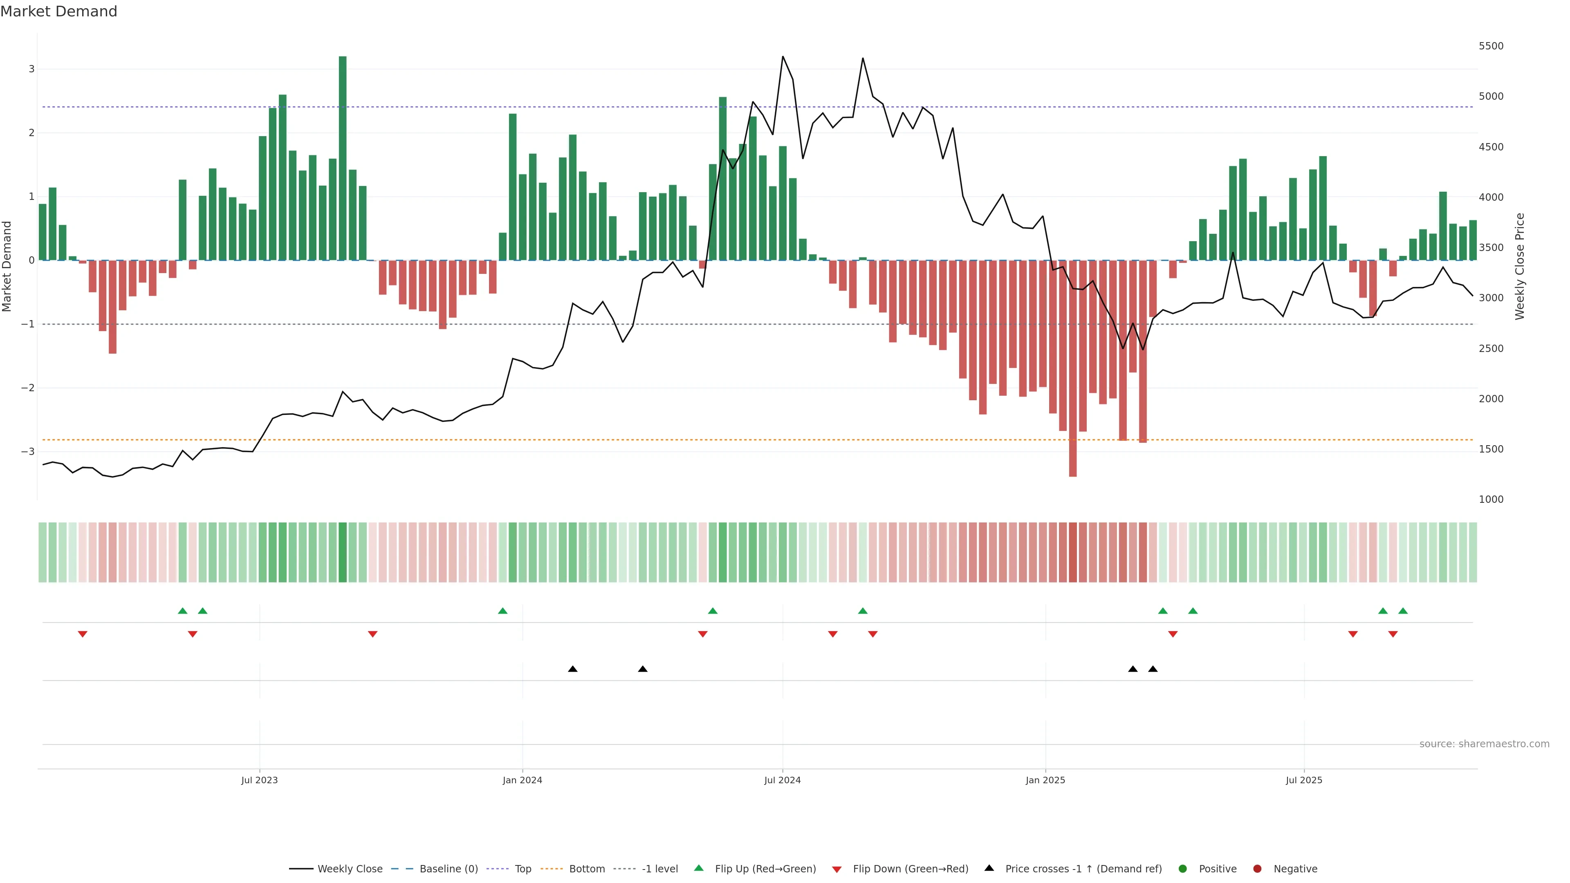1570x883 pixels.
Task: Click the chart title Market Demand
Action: coord(58,11)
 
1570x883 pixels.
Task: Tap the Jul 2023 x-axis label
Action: coord(259,780)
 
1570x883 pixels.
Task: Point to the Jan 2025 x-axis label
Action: coord(1045,780)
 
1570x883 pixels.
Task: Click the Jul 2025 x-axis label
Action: coord(1304,780)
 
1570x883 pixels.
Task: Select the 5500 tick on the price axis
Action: coord(1491,46)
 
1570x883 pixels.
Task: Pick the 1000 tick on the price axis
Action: coord(1491,500)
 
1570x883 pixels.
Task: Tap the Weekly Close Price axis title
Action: coord(1519,266)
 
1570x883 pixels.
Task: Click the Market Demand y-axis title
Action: coord(7,266)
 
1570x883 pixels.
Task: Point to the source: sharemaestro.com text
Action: coord(1484,744)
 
